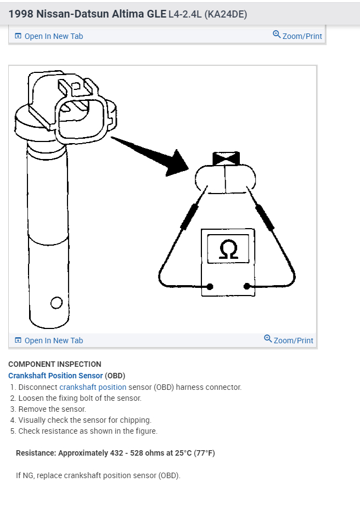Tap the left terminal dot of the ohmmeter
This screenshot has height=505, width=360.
(x=210, y=286)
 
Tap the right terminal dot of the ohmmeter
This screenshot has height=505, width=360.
(x=247, y=286)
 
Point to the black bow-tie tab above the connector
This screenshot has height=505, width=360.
(x=225, y=159)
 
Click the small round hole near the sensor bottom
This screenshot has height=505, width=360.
(x=55, y=303)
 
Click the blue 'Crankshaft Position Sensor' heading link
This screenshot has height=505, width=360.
(x=55, y=376)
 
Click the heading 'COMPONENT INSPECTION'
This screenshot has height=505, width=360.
(x=55, y=364)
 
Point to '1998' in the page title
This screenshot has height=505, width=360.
(x=20, y=14)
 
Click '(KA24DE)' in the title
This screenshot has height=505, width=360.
(x=225, y=14)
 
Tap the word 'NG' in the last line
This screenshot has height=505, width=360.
(x=28, y=475)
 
